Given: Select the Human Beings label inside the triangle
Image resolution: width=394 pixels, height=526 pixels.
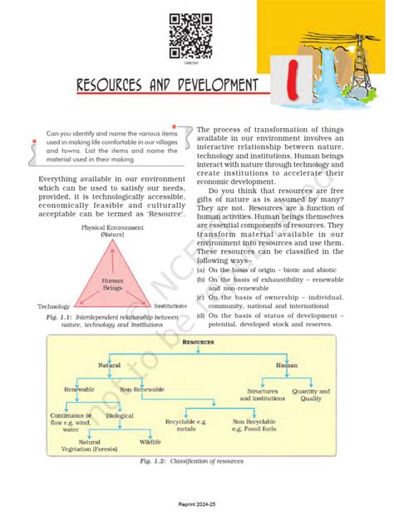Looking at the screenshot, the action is (112, 285).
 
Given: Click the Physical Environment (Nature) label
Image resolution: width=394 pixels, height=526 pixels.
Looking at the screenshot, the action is (112, 231).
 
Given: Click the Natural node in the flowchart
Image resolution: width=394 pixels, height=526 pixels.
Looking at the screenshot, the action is (109, 365).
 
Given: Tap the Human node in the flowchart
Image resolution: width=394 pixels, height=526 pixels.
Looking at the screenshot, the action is (287, 365).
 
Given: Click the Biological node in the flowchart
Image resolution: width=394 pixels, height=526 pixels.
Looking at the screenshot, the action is (119, 415).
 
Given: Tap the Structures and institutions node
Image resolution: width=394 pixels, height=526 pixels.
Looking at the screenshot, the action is (262, 394).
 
